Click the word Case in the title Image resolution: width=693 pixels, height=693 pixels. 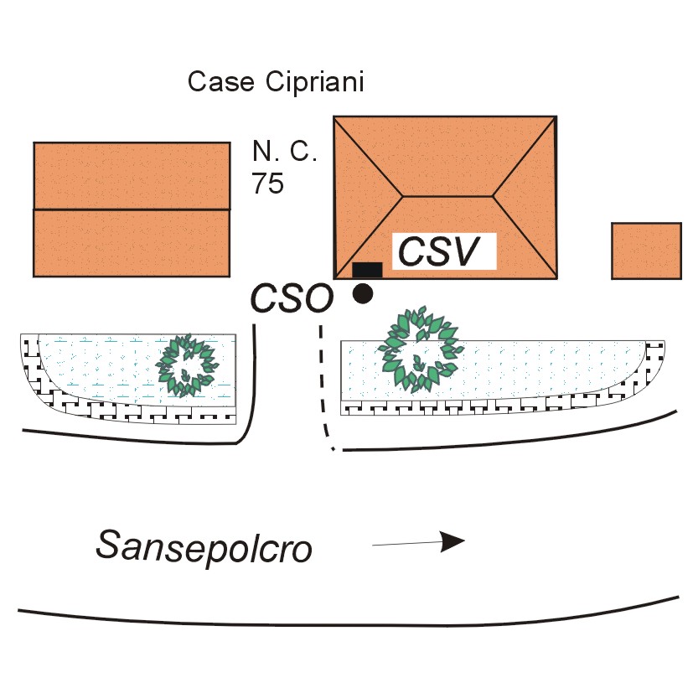tap(213, 82)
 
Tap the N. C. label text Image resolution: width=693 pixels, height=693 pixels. tap(285, 153)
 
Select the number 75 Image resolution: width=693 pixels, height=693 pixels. tap(268, 184)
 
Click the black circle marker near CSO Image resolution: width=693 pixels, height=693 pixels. tap(362, 293)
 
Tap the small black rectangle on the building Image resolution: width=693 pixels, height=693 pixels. tap(367, 270)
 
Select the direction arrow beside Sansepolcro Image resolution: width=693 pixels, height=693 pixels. tap(418, 543)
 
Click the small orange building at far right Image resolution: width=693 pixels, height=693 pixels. tap(646, 251)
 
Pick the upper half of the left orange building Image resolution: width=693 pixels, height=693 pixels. tap(132, 175)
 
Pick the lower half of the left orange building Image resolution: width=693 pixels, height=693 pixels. tap(132, 243)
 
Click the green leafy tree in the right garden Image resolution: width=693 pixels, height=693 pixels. tap(419, 350)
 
